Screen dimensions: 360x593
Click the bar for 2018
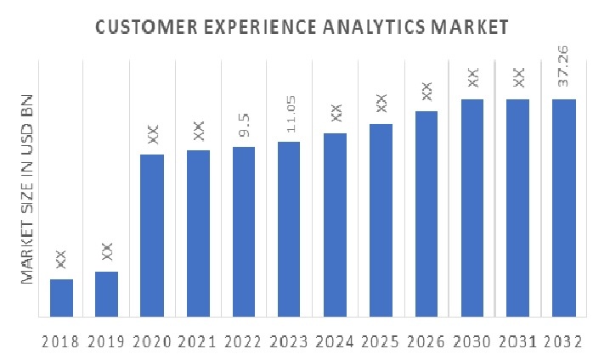[61, 297]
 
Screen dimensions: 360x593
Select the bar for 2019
[106, 294]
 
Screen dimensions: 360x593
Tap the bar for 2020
[152, 235]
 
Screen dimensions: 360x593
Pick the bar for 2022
[244, 231]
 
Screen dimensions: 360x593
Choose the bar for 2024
[336, 224]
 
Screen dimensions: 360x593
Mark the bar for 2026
[426, 213]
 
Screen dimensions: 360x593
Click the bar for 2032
[564, 207]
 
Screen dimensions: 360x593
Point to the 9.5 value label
[244, 127]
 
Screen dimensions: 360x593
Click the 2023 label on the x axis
[290, 342]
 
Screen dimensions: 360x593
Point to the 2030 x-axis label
[472, 342]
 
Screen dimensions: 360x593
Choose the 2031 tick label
[518, 342]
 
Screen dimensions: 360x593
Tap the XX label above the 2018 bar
[61, 259]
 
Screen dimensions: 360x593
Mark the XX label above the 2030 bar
[472, 79]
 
